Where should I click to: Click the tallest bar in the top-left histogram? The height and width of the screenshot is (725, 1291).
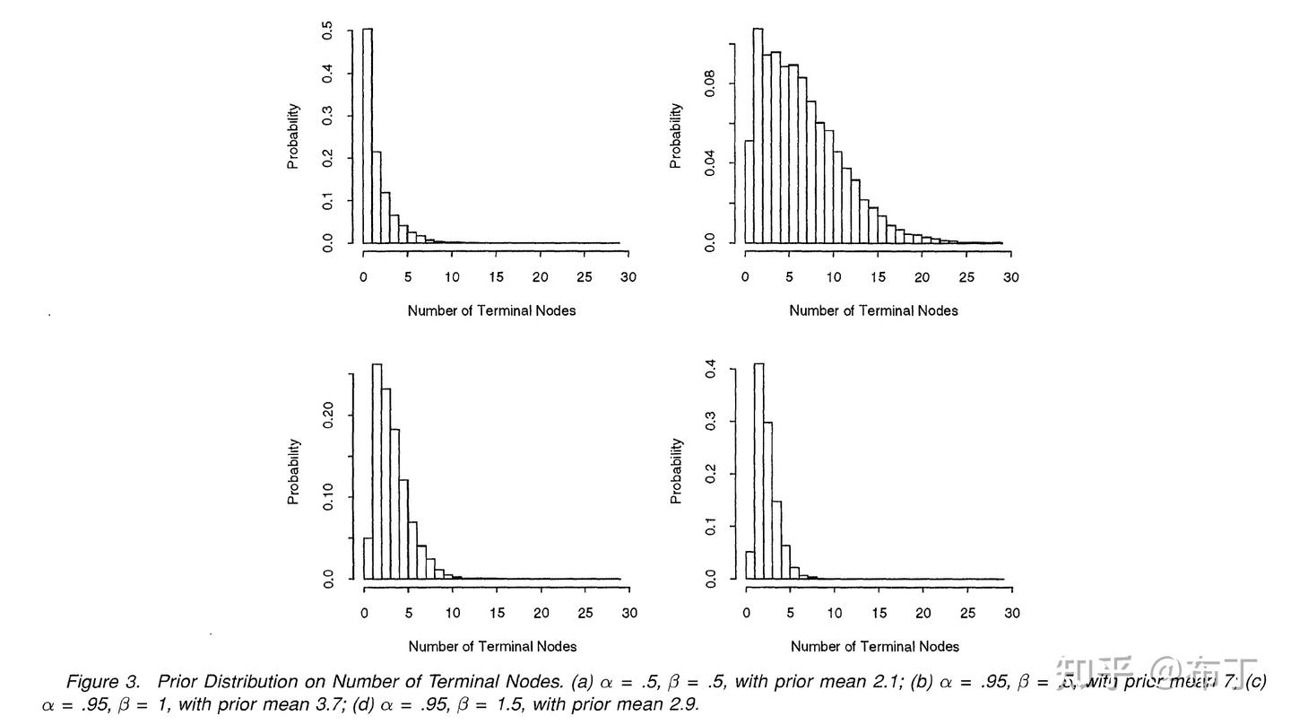368,135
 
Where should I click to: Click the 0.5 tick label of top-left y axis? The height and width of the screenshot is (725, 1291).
328,32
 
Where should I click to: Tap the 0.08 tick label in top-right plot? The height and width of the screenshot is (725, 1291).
710,85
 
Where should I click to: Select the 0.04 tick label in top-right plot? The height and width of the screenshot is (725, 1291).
710,163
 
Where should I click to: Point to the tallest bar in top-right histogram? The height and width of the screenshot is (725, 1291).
758,135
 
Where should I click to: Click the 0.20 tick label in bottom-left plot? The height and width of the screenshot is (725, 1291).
328,415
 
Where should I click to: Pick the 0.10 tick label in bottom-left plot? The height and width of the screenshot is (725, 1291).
328,496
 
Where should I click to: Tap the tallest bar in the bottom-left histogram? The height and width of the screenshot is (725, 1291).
377,471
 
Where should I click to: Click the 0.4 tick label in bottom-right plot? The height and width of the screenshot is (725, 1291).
710,369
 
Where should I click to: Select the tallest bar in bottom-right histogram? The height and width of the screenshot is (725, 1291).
758,471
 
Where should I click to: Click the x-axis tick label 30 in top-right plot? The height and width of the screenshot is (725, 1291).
1010,277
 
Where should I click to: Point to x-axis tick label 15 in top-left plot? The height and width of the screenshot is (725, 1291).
496,277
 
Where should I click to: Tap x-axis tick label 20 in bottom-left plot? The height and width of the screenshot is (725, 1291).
541,613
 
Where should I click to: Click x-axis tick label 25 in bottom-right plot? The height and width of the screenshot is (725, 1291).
967,613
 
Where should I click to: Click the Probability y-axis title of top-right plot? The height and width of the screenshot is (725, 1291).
676,135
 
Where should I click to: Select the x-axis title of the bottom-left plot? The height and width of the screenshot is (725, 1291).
492,646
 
